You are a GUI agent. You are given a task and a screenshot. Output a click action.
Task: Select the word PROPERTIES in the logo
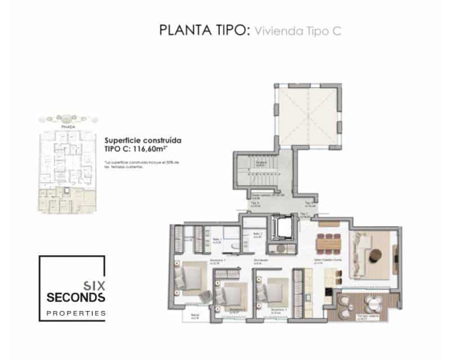tap(76, 312)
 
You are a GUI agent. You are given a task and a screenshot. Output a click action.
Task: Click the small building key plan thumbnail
tap(67, 166)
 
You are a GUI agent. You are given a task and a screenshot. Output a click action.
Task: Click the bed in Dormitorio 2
tap(231, 294)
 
